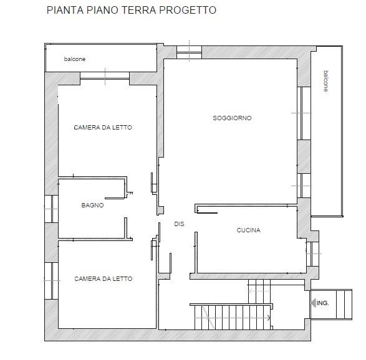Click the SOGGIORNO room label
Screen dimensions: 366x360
tap(232, 118)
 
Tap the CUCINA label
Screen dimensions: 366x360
tap(248, 230)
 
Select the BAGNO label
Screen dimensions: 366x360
tap(92, 205)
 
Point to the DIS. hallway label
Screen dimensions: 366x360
tap(180, 224)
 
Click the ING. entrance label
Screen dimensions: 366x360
tap(322, 303)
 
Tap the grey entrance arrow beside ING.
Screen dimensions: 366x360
tap(314, 303)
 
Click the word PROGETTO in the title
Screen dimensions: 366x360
tap(188, 10)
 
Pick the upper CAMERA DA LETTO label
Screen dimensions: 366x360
tap(103, 127)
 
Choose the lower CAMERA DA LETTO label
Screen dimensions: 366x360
tap(104, 278)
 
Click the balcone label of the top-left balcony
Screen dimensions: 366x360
tap(75, 59)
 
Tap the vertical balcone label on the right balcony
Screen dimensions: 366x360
tap(326, 81)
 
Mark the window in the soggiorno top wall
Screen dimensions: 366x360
tap(189, 52)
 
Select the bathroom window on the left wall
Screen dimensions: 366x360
tap(51, 209)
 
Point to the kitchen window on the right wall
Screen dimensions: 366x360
tap(312, 254)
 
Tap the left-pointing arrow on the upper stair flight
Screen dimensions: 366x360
tap(259, 291)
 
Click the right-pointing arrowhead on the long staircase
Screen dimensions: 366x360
tap(269, 318)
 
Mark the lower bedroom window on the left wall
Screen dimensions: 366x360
tap(51, 281)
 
